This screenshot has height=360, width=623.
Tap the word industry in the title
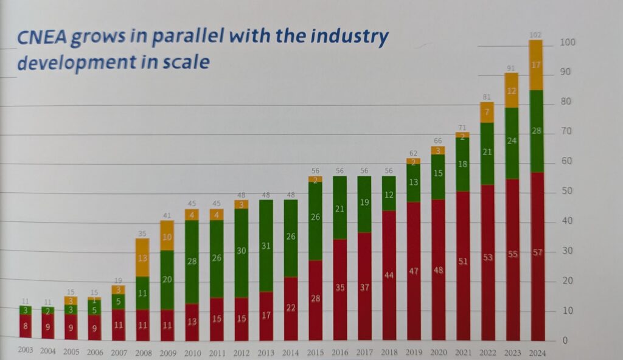[352, 37]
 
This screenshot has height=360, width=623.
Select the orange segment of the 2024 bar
[536, 65]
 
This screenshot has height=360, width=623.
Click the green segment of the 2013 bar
[266, 246]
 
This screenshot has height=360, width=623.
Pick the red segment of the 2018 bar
[389, 275]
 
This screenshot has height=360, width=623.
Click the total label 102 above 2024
[535, 35]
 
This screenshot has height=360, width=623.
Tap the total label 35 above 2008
[142, 233]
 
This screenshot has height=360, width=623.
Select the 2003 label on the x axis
[26, 350]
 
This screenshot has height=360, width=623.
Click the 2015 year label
[316, 351]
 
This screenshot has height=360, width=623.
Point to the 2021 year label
[462, 351]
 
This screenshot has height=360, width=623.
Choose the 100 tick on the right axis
[568, 43]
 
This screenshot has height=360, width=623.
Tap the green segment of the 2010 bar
[192, 261]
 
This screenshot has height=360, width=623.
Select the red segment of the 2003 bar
[26, 326]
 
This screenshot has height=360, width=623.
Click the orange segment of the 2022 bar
[487, 112]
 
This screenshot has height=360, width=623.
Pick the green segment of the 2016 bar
[339, 208]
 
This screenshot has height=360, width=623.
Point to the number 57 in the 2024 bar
[536, 252]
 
